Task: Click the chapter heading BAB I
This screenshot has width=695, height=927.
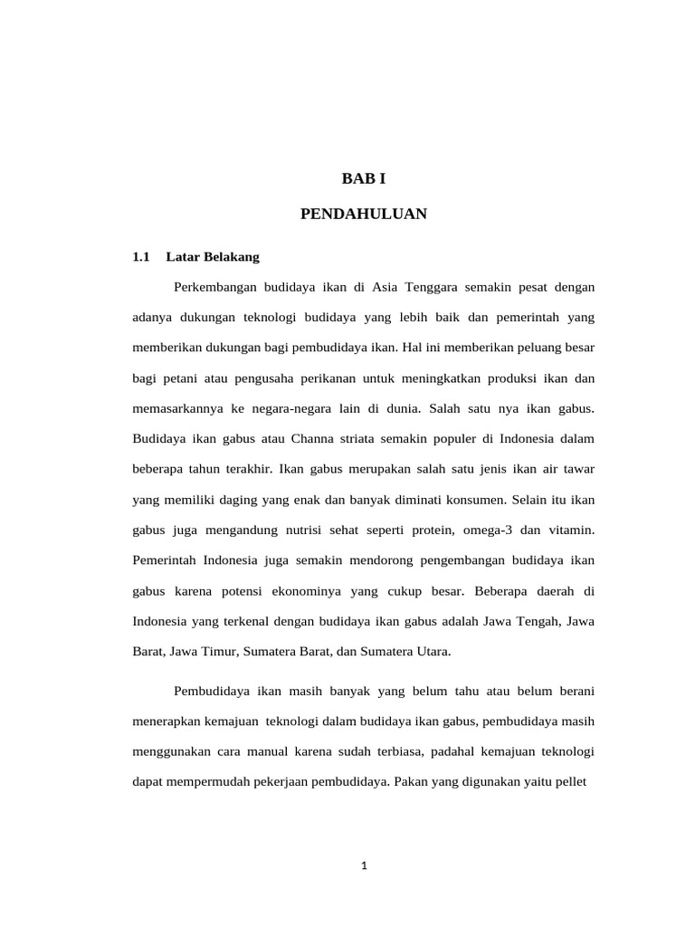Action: pos(364,179)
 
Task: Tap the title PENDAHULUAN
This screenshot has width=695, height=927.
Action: pos(364,214)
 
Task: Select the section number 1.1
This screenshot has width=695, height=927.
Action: pos(140,257)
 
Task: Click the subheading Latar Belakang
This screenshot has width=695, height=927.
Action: pos(213,257)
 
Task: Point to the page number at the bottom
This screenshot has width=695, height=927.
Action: pos(364,865)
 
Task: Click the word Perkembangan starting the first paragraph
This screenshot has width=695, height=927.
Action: pos(214,288)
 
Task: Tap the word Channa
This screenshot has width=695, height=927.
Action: pos(312,439)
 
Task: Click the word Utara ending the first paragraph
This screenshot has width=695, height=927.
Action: pos(430,652)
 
